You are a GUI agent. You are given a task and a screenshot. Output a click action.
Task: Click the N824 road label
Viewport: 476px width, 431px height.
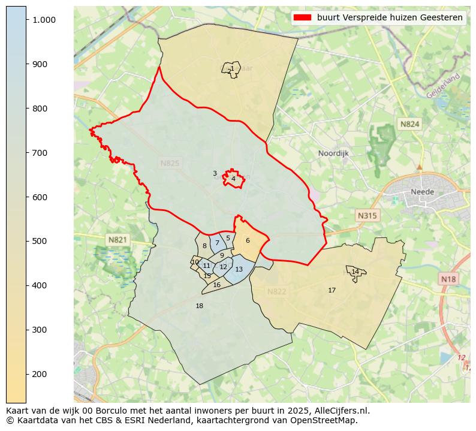click(x=410, y=124)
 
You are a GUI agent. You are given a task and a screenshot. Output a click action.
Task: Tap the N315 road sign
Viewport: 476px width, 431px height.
click(x=367, y=215)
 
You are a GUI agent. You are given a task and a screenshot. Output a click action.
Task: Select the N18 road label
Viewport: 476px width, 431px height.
click(x=448, y=279)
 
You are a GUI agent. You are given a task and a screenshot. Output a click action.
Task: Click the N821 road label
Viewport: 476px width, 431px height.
click(x=118, y=240)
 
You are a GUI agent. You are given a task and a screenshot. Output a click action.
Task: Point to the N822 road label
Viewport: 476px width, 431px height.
click(x=276, y=292)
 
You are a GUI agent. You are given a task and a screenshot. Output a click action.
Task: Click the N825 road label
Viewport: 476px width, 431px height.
click(x=170, y=163)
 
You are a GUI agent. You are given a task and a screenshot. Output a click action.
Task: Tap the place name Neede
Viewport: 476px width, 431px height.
click(x=422, y=192)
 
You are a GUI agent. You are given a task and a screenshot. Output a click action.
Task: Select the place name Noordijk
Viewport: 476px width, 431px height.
click(x=333, y=153)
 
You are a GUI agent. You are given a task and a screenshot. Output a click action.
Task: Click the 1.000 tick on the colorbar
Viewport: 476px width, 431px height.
click(x=44, y=20)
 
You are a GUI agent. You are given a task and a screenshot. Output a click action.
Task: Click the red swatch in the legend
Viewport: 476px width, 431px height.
click(x=303, y=18)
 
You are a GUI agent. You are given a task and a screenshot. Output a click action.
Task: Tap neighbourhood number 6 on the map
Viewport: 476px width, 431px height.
click(x=248, y=241)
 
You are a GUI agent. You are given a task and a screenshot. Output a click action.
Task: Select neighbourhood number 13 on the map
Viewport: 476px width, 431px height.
click(x=239, y=270)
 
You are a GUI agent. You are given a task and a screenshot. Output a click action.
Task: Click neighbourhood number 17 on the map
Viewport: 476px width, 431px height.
click(x=332, y=291)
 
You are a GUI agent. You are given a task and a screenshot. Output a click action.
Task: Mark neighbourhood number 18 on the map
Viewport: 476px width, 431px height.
click(x=200, y=306)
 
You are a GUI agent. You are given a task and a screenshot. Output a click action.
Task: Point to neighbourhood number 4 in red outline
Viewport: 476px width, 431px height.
click(x=233, y=179)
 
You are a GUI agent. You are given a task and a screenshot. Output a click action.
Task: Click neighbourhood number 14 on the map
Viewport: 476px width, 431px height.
click(x=356, y=272)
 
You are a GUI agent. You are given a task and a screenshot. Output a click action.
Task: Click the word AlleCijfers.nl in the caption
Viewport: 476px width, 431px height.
click(x=339, y=411)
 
